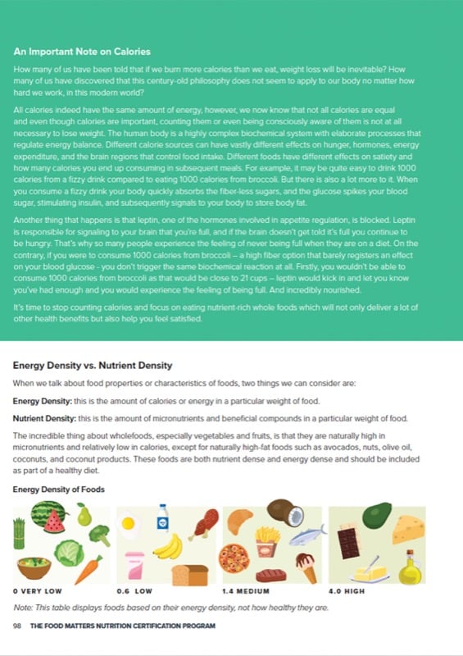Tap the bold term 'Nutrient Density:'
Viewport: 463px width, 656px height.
(x=46, y=418)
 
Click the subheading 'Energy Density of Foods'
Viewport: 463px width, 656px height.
(x=57, y=490)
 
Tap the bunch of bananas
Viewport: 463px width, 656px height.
(x=169, y=546)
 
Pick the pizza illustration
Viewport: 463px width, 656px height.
(x=234, y=558)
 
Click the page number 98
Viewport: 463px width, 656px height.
(x=16, y=626)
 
